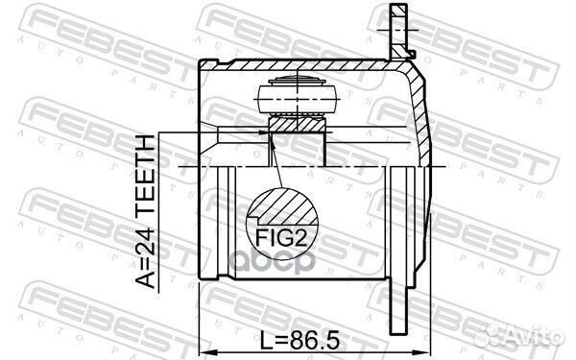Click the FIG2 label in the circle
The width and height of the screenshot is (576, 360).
coord(281,238)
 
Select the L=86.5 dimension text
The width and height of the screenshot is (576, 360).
coord(300,341)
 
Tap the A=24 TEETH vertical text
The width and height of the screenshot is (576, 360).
coord(145,211)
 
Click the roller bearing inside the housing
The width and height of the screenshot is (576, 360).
coord(297,96)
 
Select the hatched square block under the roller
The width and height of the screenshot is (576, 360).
coord(297,124)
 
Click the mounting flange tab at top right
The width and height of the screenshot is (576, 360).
coord(399,32)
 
